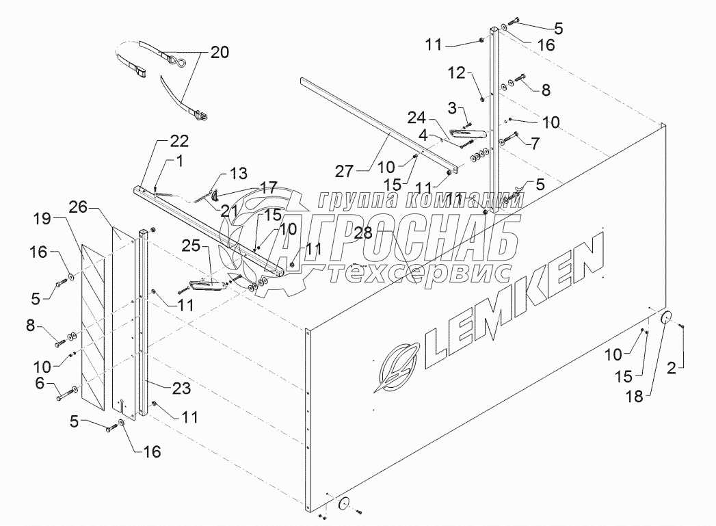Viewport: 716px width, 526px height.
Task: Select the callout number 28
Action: click(364, 233)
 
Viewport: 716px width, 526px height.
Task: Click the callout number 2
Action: click(672, 369)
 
